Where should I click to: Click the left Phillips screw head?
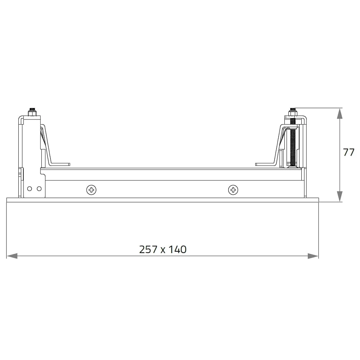tap(91, 190)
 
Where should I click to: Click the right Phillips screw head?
tap(233, 190)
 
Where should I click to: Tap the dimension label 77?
tap(349, 152)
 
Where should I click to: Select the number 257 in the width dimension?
tap(148, 249)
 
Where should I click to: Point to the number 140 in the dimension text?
tap(177, 249)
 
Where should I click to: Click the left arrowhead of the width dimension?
tap(12, 256)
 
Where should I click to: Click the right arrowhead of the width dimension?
tap(313, 256)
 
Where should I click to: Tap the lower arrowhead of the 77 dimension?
tap(339, 197)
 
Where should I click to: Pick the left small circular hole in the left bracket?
tap(30, 189)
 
